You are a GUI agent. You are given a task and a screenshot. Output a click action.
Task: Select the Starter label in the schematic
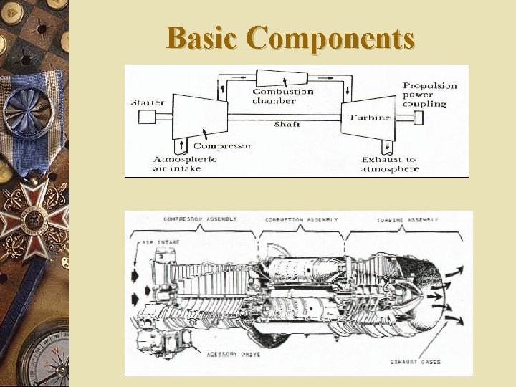coord(148,102)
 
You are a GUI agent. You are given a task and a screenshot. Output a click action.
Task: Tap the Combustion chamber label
coord(282,95)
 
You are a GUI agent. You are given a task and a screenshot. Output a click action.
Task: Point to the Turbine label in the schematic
coord(369,117)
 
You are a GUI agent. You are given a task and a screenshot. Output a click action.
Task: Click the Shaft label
coord(287,124)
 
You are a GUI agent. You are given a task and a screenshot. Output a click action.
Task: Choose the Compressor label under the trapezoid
coord(223,145)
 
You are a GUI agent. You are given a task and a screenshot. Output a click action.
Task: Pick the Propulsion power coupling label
coord(429,95)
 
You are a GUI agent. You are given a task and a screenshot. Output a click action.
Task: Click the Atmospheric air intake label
coord(184,163)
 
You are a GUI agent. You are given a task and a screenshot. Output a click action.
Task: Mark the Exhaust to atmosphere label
coord(389,164)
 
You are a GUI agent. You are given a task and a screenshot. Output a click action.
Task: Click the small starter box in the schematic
coord(148,117)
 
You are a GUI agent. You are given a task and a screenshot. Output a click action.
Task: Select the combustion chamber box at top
coord(282,78)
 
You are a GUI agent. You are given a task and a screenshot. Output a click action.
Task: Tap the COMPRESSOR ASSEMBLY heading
coord(200,219)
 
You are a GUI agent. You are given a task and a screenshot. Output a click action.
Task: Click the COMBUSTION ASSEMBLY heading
coord(302,219)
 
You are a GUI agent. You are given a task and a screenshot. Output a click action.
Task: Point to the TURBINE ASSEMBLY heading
coord(408,219)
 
